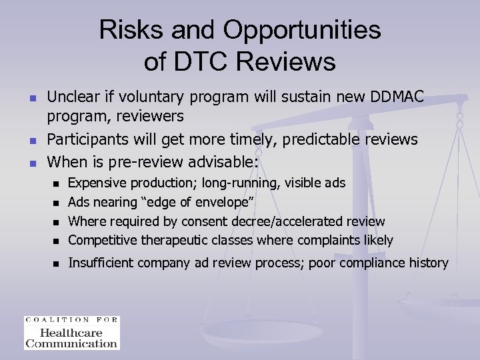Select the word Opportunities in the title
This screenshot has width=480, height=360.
click(x=303, y=30)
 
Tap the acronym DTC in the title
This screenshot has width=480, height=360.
click(x=198, y=61)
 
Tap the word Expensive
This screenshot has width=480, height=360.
click(x=97, y=182)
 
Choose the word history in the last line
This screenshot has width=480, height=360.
click(x=427, y=263)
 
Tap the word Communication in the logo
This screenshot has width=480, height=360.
click(x=71, y=343)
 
